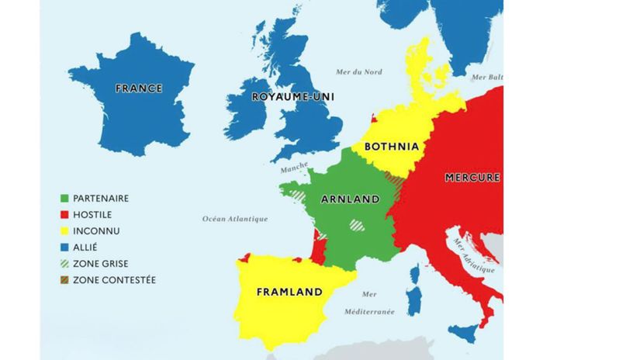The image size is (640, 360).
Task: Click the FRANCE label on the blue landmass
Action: [x=139, y=88]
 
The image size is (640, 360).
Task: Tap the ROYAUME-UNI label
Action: [x=285, y=97]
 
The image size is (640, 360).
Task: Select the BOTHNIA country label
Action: [x=391, y=146]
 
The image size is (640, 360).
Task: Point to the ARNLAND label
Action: [x=351, y=199]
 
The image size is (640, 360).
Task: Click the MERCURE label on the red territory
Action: [x=472, y=178]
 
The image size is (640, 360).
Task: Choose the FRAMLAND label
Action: [x=289, y=292]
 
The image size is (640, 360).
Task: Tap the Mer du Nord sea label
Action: [x=358, y=72]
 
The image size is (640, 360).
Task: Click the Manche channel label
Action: [x=294, y=168]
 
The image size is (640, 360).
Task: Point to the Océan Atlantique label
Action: [x=235, y=219]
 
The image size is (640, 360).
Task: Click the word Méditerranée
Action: [x=369, y=311]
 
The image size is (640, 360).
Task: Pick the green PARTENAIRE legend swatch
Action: [x=65, y=199]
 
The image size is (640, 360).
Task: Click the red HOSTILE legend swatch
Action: [x=65, y=215]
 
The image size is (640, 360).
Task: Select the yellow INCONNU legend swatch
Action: [x=65, y=231]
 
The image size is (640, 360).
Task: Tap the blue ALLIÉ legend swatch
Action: [x=65, y=247]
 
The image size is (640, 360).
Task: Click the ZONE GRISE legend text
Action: [x=100, y=264]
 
